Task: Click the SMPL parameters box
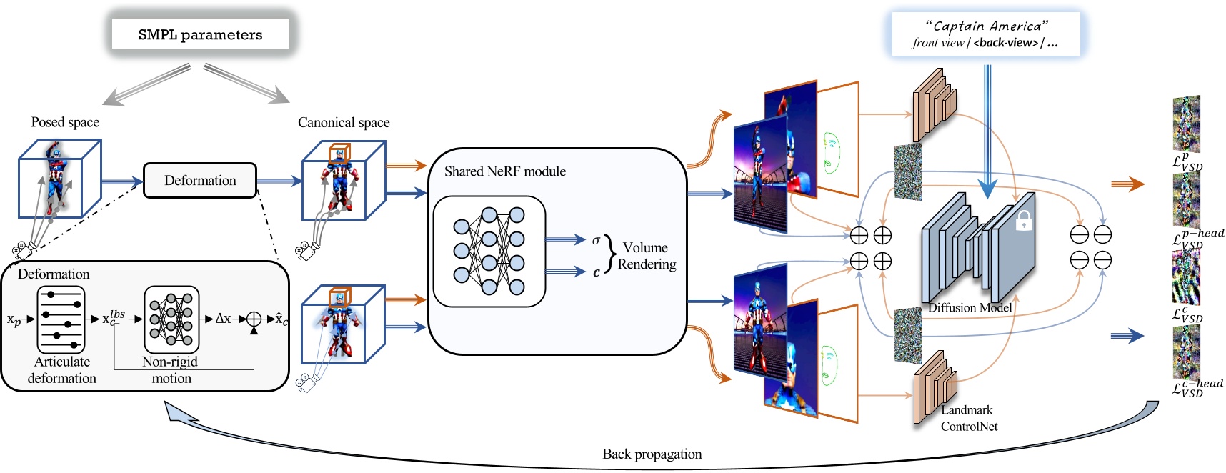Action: coord(200,34)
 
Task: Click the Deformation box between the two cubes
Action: coord(200,181)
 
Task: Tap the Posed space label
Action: coord(65,122)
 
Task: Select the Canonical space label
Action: coord(344,123)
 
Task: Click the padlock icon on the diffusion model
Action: coord(1024,221)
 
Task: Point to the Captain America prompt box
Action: coord(985,34)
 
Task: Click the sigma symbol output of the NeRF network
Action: coord(596,240)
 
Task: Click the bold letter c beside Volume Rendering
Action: coord(596,272)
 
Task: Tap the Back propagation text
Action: coord(652,454)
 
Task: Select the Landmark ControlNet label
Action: coord(968,418)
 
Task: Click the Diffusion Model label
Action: coord(970,308)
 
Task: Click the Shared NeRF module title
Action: coord(504,171)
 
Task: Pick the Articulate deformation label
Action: coord(62,370)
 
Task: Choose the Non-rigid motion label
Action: coord(171,370)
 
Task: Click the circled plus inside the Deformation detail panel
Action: coord(254,319)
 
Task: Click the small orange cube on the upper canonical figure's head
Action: coord(339,154)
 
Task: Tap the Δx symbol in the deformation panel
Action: coord(223,319)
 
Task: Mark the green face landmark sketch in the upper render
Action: coord(831,152)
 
